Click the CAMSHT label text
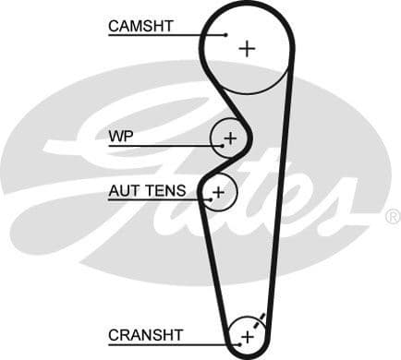141,26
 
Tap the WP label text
121,137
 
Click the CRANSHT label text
146,334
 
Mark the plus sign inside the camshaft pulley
246,48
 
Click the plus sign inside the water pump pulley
230,138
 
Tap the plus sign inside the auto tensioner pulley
219,192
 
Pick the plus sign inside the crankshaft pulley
247,337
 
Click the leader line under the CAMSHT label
166,35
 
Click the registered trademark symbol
392,217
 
